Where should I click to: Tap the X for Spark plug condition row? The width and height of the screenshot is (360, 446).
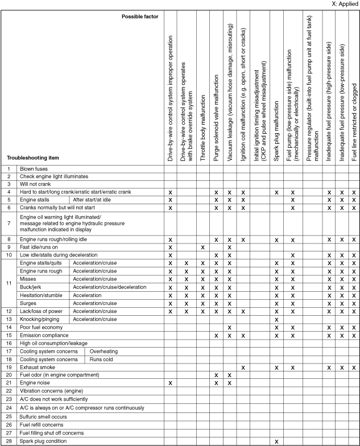pos(276,441)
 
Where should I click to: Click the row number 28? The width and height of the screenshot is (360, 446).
pos(9,441)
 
